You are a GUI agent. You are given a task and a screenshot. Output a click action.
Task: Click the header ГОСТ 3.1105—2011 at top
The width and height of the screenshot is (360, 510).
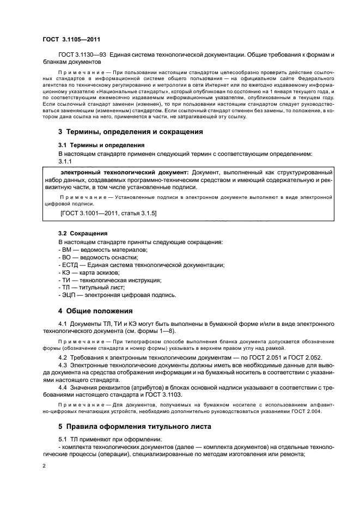pos(70,39)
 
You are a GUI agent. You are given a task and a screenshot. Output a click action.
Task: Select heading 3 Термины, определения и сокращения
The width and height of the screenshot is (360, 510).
pos(130,132)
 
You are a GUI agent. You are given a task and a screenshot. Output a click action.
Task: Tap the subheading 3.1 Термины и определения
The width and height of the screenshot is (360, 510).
pos(101,145)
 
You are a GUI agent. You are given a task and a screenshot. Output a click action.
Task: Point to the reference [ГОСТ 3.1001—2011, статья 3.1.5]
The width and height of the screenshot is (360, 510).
pos(108,214)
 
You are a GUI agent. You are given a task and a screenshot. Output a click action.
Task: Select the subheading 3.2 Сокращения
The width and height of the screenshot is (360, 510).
pos(83,234)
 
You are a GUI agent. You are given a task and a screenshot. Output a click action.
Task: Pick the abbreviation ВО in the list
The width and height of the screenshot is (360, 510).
pos(65,257)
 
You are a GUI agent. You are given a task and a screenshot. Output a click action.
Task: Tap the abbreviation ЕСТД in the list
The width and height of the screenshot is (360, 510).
pos(69,264)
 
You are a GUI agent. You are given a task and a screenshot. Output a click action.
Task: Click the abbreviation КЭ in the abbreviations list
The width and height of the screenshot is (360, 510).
pos(65,272)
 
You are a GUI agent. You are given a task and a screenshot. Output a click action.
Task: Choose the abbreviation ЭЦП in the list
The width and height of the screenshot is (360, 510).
pos(69,295)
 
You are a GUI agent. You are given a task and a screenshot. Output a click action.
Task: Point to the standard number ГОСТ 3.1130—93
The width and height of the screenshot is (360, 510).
pos(82,55)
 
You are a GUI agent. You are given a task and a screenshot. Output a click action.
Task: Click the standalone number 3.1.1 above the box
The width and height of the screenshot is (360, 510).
pos(65,161)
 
